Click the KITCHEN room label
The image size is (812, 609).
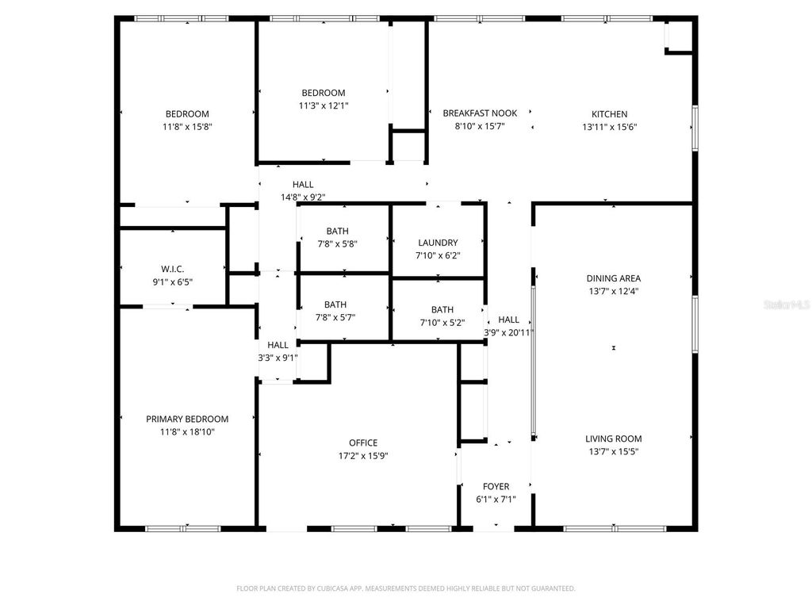point(609,114)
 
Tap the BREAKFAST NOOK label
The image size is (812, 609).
point(480,114)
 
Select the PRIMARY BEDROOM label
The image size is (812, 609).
point(187,419)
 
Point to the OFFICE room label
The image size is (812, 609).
point(363,443)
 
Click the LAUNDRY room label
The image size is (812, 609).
point(439,243)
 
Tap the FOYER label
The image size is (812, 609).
point(496,487)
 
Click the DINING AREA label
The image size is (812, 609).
point(614,279)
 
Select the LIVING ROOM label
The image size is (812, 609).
point(614,439)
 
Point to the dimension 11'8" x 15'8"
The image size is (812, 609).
point(188,127)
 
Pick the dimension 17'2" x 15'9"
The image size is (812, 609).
point(363,456)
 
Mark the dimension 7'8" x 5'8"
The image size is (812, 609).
point(336,244)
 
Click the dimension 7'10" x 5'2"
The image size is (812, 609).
point(442,323)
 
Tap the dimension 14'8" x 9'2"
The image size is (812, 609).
point(303,197)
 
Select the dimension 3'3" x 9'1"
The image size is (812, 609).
point(278,358)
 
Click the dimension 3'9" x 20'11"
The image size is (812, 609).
point(509,333)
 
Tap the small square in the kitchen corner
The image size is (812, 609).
point(678,36)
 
